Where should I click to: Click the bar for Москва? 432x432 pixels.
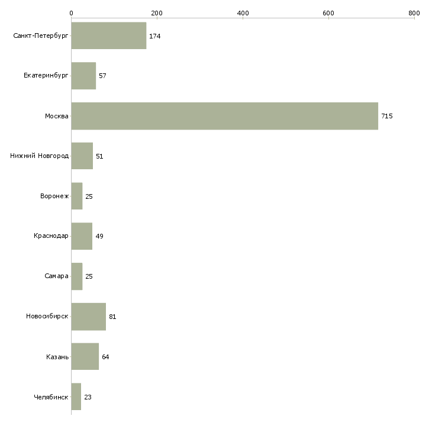click(x=225, y=116)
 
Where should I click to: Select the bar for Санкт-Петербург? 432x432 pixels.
click(x=109, y=36)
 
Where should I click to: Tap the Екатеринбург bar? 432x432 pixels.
click(x=84, y=76)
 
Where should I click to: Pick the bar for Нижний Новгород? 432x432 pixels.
click(x=82, y=156)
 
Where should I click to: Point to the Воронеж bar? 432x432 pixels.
click(x=77, y=196)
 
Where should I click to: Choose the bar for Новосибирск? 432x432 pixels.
click(x=89, y=317)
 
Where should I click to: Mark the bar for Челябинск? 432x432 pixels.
click(x=76, y=396)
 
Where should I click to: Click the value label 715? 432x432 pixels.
click(x=387, y=116)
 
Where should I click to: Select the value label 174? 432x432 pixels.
click(x=155, y=36)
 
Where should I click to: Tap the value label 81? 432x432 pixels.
click(x=112, y=317)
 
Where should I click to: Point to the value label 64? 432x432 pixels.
click(x=105, y=357)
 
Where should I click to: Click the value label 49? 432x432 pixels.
click(x=99, y=236)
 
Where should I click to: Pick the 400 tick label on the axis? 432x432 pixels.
click(x=243, y=13)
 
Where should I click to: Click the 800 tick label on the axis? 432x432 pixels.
click(x=414, y=13)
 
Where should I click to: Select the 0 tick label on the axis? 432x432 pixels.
click(x=72, y=13)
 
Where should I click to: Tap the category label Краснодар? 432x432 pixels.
click(x=51, y=236)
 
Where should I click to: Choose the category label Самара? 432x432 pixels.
click(x=56, y=276)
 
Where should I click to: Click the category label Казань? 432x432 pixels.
click(x=57, y=357)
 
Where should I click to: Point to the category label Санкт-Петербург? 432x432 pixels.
click(x=41, y=36)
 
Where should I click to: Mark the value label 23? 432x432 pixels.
click(x=88, y=397)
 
